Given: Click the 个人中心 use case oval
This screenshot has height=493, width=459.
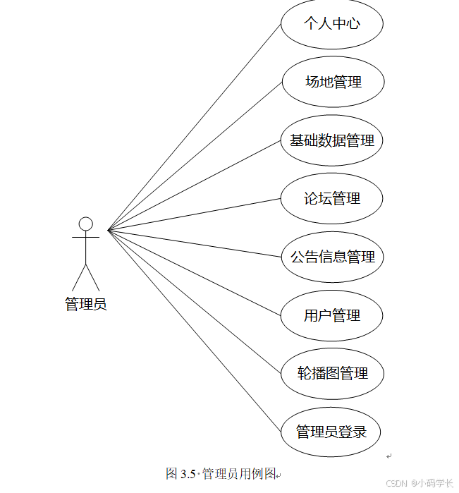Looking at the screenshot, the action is pyautogui.click(x=331, y=24).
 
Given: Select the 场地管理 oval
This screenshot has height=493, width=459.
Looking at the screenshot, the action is pyautogui.click(x=332, y=82).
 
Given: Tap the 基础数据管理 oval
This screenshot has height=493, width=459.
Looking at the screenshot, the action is pyautogui.click(x=331, y=140).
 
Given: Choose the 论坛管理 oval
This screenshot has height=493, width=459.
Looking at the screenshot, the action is pyautogui.click(x=331, y=198).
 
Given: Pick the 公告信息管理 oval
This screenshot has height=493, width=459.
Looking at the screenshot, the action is pyautogui.click(x=331, y=257).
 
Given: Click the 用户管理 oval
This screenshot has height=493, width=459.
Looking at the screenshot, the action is pyautogui.click(x=331, y=315).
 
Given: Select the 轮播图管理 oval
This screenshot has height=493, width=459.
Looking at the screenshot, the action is pyautogui.click(x=332, y=373).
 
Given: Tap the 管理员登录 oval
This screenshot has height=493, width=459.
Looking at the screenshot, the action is pyautogui.click(x=331, y=432).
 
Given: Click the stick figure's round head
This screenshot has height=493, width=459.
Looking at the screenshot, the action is pyautogui.click(x=85, y=224).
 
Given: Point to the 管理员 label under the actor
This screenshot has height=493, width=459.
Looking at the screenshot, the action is pyautogui.click(x=85, y=305).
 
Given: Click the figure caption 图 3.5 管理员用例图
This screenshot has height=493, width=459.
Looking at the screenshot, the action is pyautogui.click(x=222, y=473).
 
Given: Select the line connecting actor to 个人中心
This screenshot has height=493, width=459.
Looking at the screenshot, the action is pyautogui.click(x=195, y=127).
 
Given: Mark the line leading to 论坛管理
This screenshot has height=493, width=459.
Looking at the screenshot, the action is pyautogui.click(x=195, y=214).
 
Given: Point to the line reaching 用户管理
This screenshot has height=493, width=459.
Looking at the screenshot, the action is pyautogui.click(x=195, y=272).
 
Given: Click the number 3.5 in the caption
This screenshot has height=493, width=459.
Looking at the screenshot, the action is pyautogui.click(x=188, y=473).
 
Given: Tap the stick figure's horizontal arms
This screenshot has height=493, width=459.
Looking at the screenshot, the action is pyautogui.click(x=85, y=238).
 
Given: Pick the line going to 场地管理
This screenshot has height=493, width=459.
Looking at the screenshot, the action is pyautogui.click(x=195, y=156).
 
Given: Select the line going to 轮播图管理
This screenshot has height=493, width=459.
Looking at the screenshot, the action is pyautogui.click(x=195, y=301).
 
